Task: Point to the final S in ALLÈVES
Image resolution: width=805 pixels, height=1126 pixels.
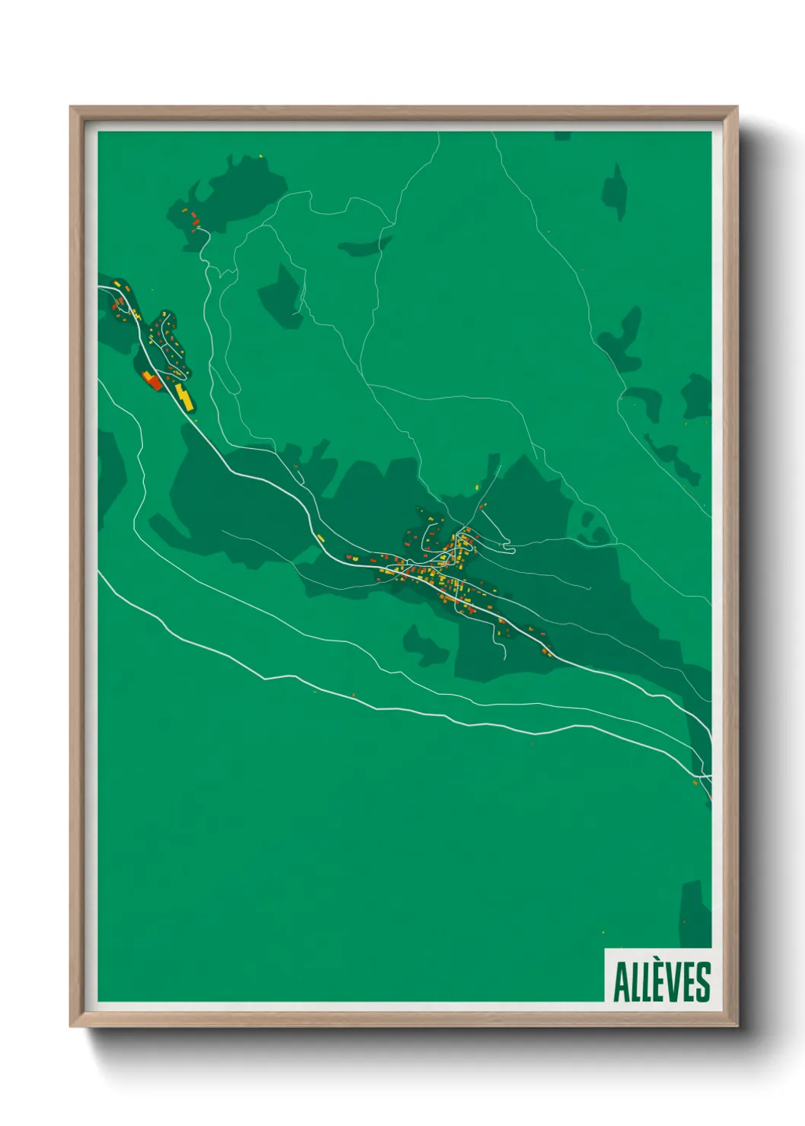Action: [x=703, y=981]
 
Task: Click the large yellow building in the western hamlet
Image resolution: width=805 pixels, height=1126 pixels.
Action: [x=183, y=396]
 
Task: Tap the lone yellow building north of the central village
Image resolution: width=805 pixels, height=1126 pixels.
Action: [x=476, y=487]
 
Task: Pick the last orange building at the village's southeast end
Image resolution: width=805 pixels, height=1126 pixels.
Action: [x=546, y=650]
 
